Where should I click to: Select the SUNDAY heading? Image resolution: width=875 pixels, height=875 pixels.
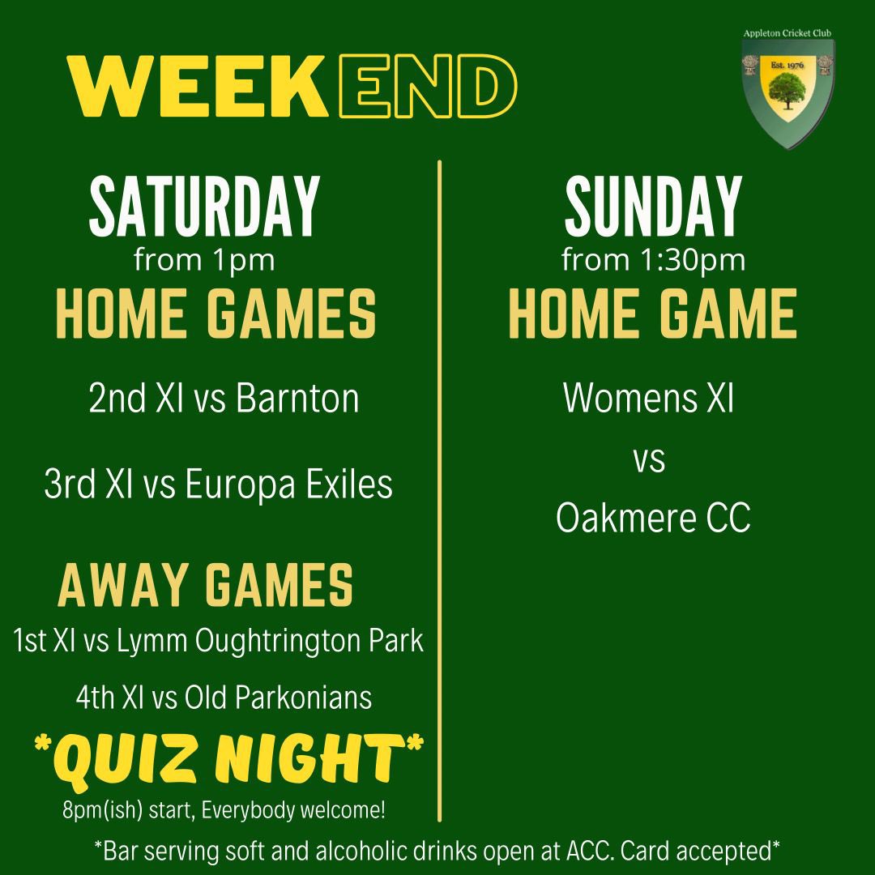[x=653, y=208]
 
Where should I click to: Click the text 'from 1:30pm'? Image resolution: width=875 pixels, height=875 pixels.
[x=653, y=260]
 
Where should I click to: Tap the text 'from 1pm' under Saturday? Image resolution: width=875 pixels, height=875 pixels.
[x=204, y=260]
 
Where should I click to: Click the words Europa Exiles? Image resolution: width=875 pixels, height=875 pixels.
[x=289, y=484]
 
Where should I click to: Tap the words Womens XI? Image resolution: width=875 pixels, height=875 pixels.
[x=648, y=399]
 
